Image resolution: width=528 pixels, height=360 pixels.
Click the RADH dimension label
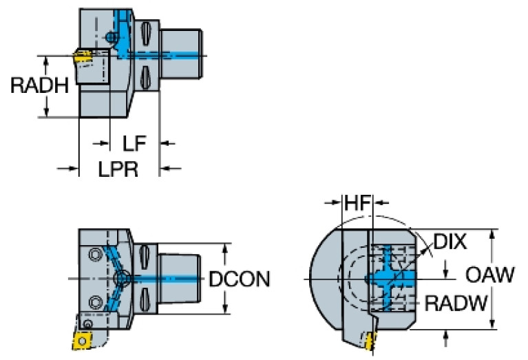(x=39, y=86)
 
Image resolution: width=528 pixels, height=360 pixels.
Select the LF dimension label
(x=134, y=144)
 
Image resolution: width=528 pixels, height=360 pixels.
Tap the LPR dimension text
(x=117, y=169)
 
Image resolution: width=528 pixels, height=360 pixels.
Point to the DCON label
(x=239, y=279)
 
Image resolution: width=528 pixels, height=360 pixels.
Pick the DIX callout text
(x=450, y=242)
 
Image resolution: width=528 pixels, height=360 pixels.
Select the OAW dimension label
(x=489, y=276)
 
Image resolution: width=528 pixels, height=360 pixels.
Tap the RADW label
(x=456, y=302)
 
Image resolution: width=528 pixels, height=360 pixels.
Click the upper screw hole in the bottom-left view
(x=94, y=255)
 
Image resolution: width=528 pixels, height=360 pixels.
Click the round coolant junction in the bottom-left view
(x=122, y=278)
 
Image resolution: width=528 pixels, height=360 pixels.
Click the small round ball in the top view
(x=109, y=36)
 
